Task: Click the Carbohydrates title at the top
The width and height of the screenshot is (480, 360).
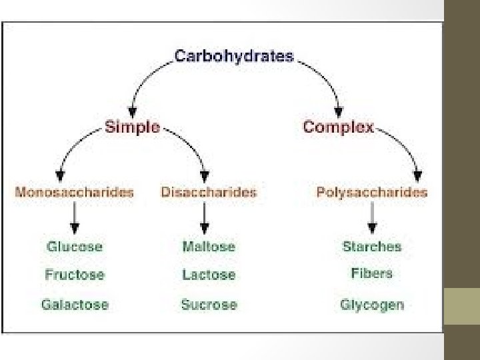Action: [x=233, y=55]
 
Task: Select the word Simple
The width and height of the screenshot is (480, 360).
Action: [x=132, y=127]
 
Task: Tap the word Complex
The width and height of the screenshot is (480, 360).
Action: [x=338, y=127]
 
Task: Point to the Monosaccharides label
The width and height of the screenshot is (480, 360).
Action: [x=74, y=192]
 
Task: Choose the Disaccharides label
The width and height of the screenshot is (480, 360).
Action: [x=209, y=192]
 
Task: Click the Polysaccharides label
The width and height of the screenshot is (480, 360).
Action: [x=372, y=192]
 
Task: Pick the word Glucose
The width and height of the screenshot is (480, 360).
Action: [x=75, y=246]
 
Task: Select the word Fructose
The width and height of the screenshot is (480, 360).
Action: [x=75, y=274]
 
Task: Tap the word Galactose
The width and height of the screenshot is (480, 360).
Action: [x=75, y=305]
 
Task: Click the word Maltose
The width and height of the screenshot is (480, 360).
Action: [x=209, y=246]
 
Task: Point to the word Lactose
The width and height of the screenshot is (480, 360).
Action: [x=209, y=274]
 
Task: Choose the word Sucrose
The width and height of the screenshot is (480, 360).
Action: [x=209, y=305]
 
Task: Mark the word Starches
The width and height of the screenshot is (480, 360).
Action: [x=372, y=246]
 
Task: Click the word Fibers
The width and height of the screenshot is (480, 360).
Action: [x=372, y=273]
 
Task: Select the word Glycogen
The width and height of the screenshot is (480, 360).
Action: [x=372, y=305]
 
